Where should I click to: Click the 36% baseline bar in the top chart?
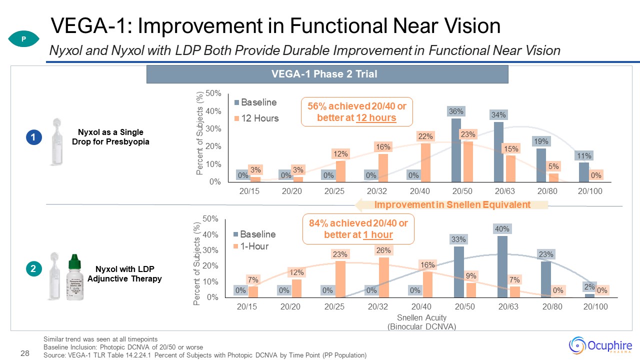tap(456, 150)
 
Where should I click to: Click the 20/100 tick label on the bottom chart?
tap(595, 306)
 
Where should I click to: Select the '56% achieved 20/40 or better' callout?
tap(357, 111)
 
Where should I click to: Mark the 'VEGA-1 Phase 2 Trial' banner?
tap(327, 74)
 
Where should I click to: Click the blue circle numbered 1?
tap(33, 137)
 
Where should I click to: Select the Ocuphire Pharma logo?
tap(600, 345)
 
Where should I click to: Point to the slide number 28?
tap(24, 354)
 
